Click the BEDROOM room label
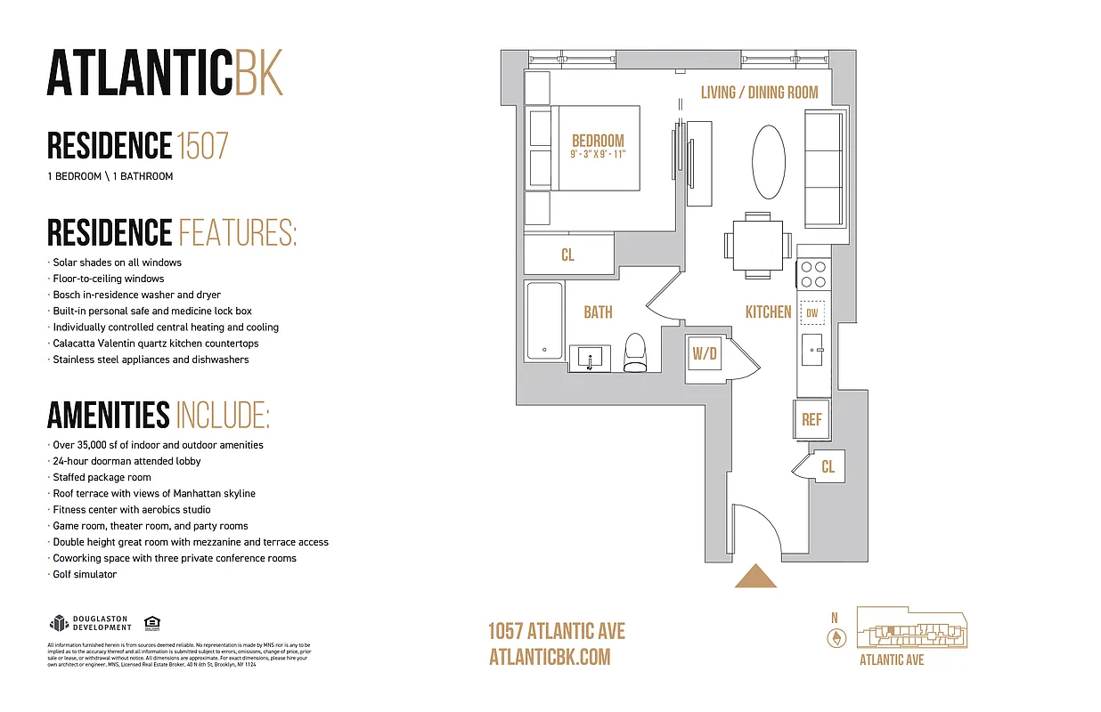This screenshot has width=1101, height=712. tap(598, 141)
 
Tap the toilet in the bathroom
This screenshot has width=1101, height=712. tap(634, 352)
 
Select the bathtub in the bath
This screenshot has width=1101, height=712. tap(543, 320)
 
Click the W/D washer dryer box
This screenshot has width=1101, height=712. tap(705, 354)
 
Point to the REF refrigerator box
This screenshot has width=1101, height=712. tap(811, 419)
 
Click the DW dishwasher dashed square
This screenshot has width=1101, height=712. tap(811, 313)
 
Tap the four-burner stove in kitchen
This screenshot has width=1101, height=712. tap(812, 274)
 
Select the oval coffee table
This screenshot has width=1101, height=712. tap(769, 162)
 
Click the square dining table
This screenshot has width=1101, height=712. tap(757, 241)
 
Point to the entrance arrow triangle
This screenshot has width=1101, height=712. tap(755, 578)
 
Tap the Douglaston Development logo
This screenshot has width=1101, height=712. tap(90, 623)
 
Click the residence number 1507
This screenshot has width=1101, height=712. tap(202, 145)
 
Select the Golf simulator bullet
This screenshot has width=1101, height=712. tap(85, 574)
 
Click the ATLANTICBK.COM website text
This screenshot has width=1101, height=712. tap(550, 657)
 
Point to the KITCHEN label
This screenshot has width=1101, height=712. tap(768, 311)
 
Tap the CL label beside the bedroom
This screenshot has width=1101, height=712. tap(567, 255)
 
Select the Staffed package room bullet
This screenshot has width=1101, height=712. tap(102, 477)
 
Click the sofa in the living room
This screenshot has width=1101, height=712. tap(823, 169)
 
